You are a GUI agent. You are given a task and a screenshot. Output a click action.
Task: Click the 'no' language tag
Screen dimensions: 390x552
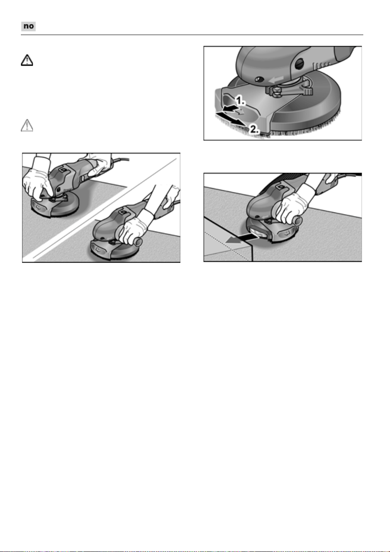point(28,26)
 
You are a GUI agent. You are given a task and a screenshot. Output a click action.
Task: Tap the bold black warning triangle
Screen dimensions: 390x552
point(27,60)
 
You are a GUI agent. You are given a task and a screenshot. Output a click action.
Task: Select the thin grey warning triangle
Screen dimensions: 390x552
point(27,125)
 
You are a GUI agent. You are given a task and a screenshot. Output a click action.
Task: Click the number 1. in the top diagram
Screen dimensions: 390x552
point(240,101)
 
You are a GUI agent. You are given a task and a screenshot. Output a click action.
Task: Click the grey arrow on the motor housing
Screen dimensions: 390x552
point(276,79)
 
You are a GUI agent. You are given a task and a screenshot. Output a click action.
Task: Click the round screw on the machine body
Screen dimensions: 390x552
point(258,80)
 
